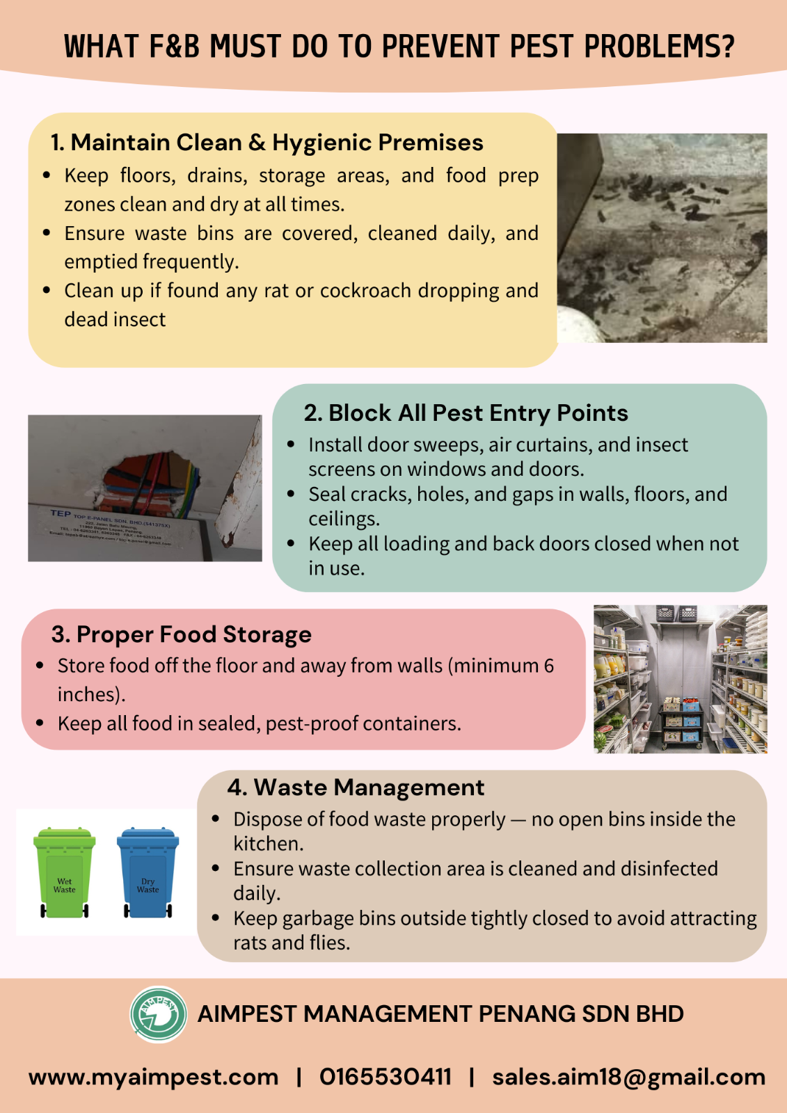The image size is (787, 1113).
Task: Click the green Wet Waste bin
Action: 64,874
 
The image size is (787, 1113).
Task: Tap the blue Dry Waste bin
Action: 148,874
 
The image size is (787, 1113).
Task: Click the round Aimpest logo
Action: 159,1014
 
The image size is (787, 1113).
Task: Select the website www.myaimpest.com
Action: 153,1077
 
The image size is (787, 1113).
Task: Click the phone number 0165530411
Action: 385,1077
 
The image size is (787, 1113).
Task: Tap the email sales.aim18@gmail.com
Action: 628,1077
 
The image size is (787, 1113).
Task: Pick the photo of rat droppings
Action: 662,237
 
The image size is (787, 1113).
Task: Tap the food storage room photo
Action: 680,679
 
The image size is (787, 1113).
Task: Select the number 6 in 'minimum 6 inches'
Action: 549,666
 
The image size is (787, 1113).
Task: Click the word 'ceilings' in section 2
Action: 343,519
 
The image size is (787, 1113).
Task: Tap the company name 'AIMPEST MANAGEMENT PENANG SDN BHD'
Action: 440,1014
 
